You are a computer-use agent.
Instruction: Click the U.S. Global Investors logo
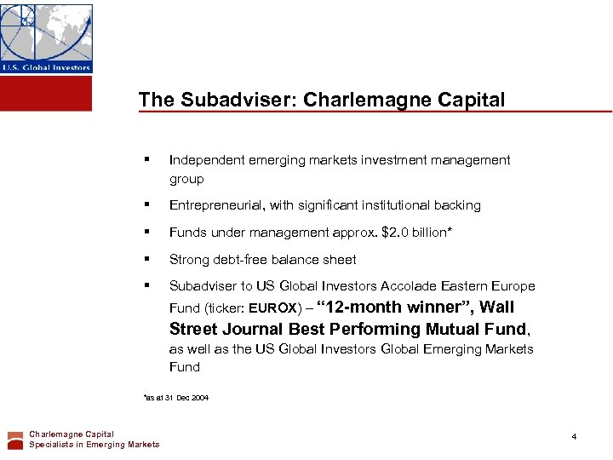(x=46, y=37)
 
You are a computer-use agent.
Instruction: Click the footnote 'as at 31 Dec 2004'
(x=177, y=398)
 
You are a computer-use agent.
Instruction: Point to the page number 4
(x=574, y=437)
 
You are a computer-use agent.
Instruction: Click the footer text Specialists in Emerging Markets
(x=94, y=445)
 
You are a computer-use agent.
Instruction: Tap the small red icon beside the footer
(x=15, y=440)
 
